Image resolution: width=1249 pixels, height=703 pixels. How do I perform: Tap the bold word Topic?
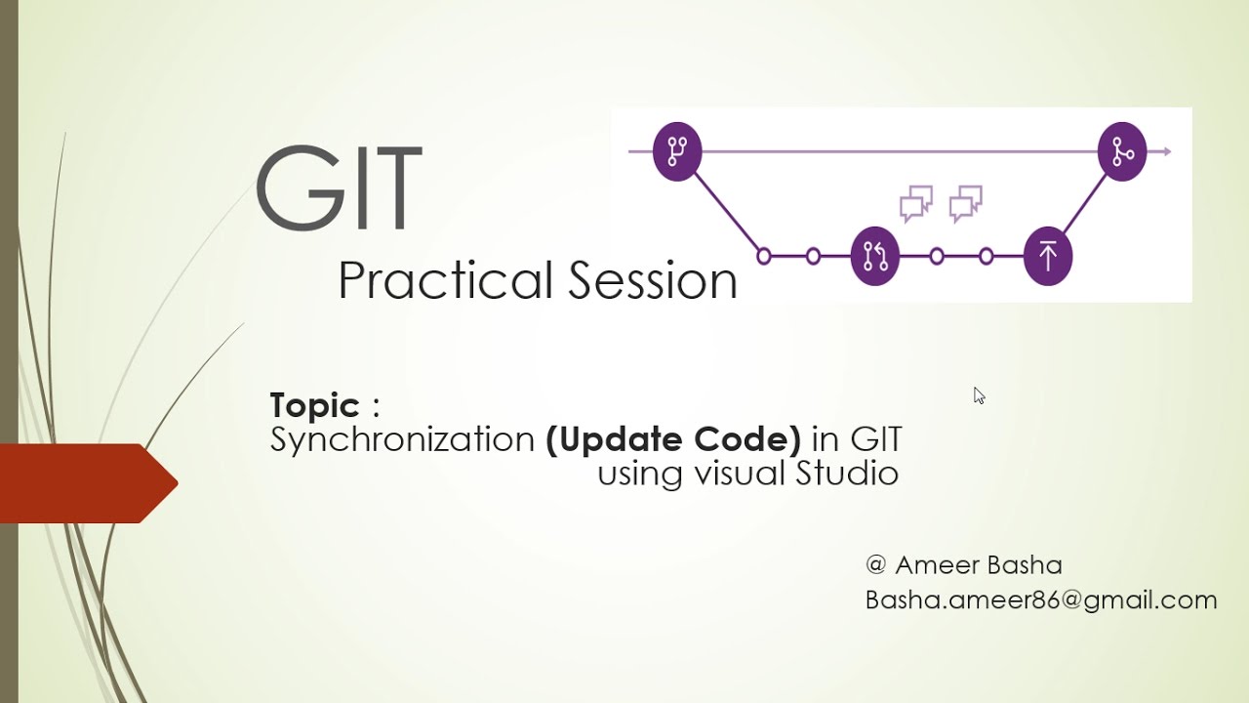314,405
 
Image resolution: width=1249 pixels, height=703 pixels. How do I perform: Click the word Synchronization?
402,440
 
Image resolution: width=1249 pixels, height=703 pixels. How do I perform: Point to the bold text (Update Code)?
673,439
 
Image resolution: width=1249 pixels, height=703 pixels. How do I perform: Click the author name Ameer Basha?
978,565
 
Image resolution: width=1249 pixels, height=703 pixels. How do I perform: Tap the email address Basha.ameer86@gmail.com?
1041,600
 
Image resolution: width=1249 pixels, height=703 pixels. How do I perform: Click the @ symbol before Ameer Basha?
875,565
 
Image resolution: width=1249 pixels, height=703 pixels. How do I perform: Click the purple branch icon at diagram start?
677,151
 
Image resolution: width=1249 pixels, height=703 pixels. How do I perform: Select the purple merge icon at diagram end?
1122,151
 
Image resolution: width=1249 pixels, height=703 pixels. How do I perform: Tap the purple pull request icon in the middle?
874,256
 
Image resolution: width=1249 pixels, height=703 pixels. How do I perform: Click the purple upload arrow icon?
1047,256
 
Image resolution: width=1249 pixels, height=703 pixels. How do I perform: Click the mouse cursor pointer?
979,395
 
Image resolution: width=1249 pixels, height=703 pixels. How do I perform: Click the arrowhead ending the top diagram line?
1164,151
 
